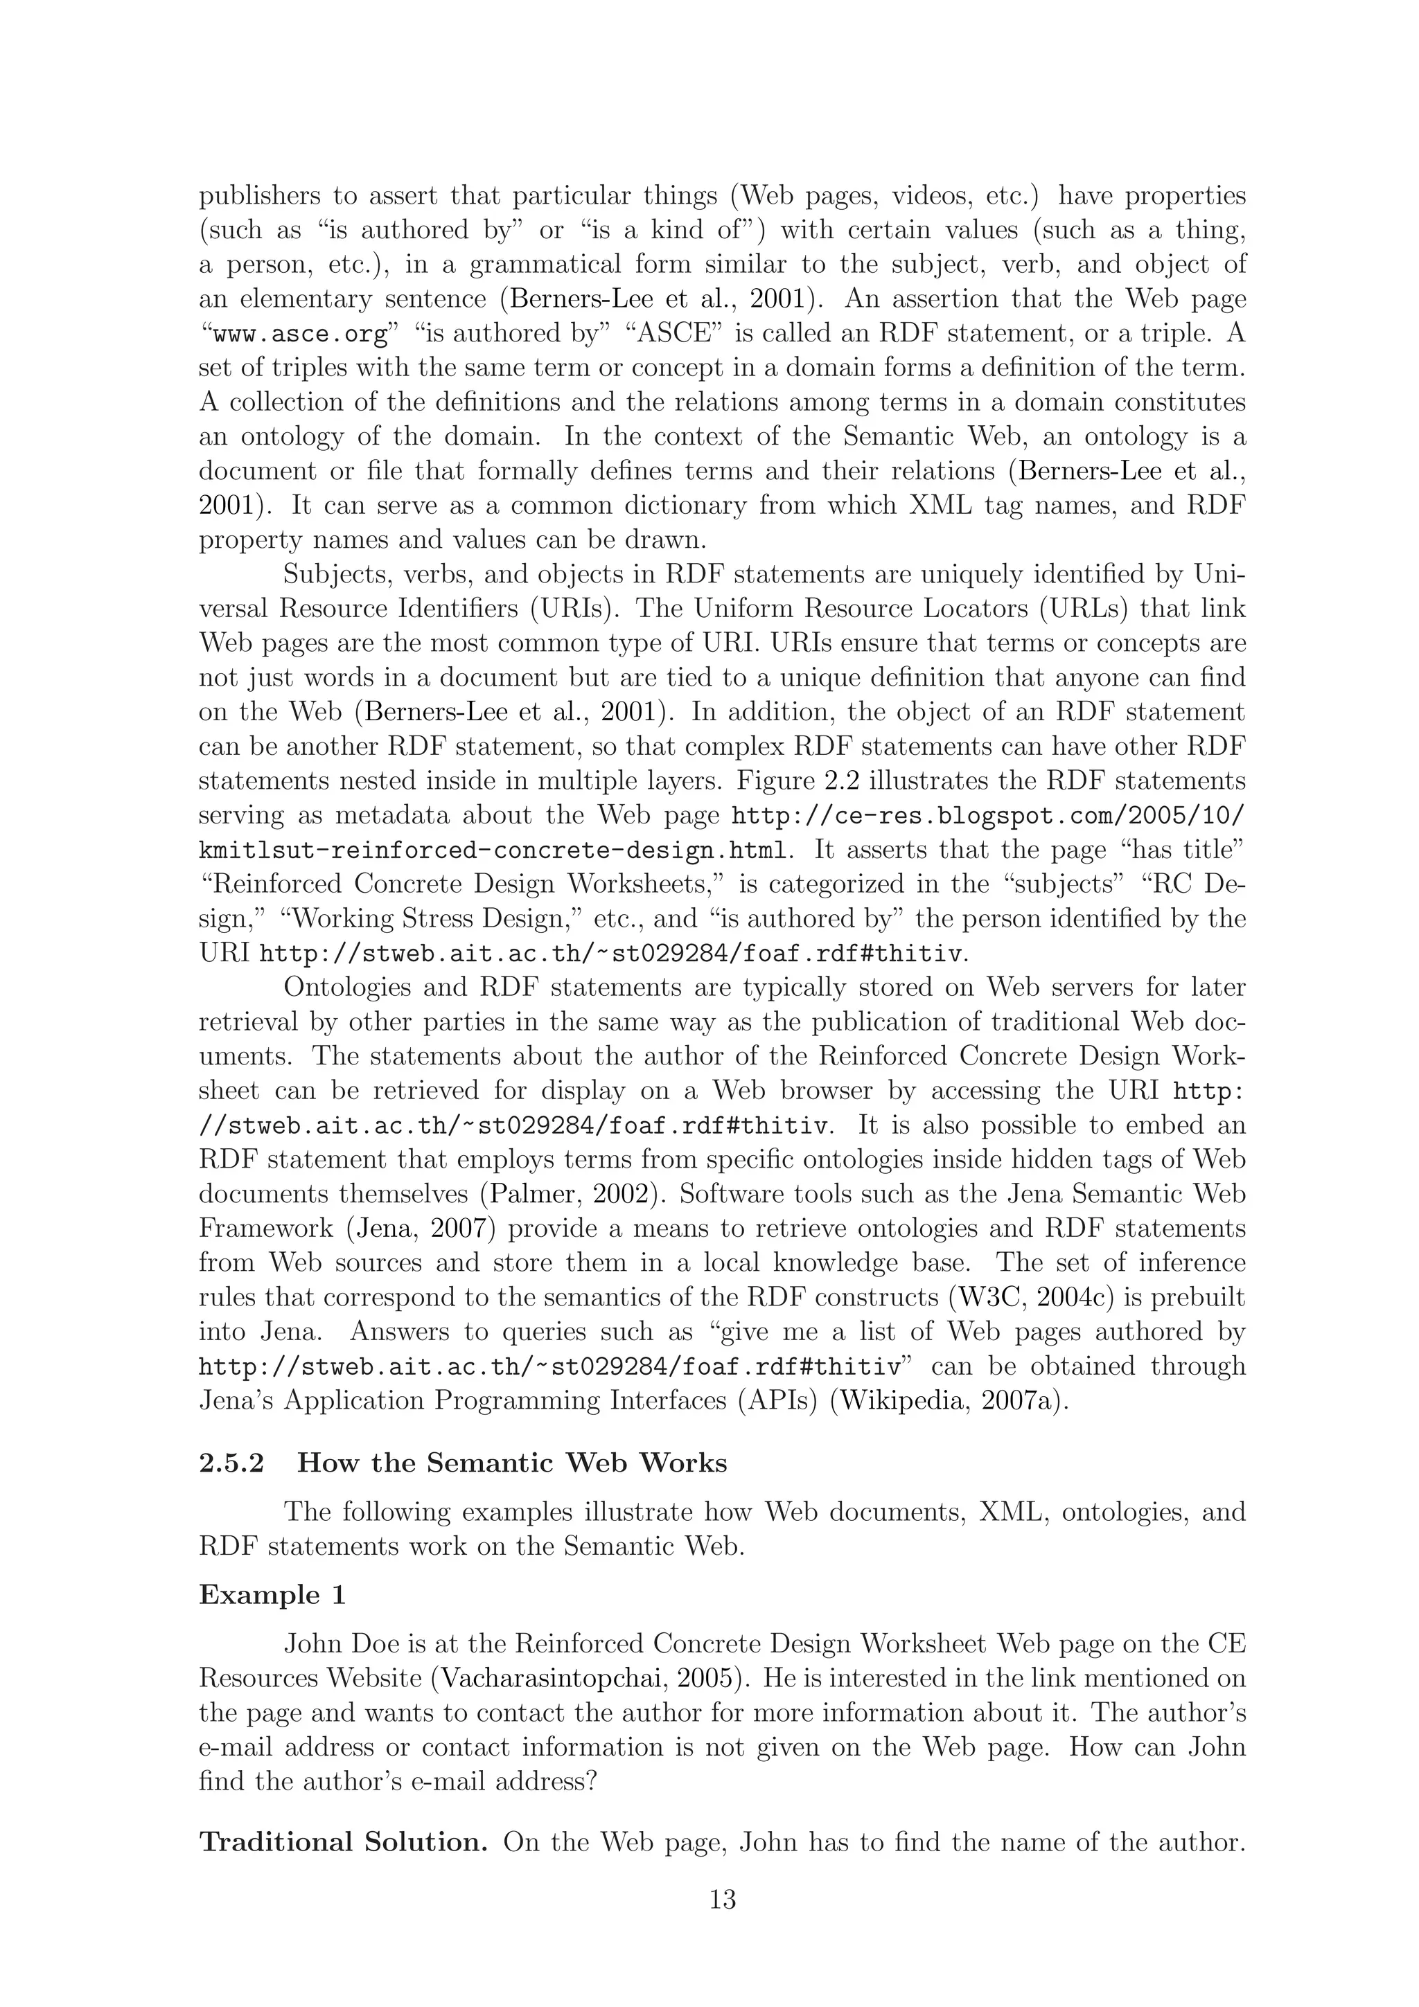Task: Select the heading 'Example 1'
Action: [x=272, y=1596]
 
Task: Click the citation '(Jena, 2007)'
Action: [x=421, y=1228]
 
